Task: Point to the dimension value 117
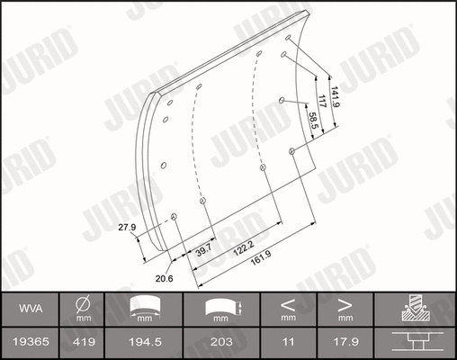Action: [322, 102]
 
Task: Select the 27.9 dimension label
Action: [127, 228]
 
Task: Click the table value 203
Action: [218, 342]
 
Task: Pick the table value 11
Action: [287, 342]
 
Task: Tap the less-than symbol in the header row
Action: [287, 303]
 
